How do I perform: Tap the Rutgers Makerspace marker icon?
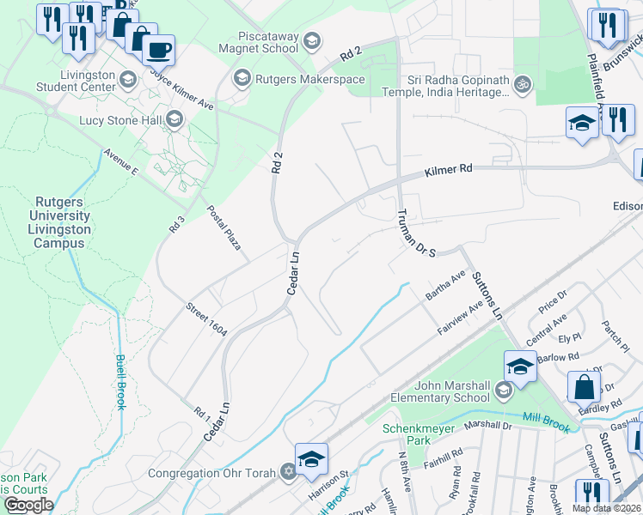point(242,79)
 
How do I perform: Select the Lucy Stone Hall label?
point(121,119)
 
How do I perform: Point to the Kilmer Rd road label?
point(449,172)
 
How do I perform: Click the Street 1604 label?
point(206,318)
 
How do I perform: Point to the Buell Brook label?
point(120,382)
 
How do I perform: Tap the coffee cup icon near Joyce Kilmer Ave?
point(158,50)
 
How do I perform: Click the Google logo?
point(28,505)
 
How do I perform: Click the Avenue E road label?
point(121,165)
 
